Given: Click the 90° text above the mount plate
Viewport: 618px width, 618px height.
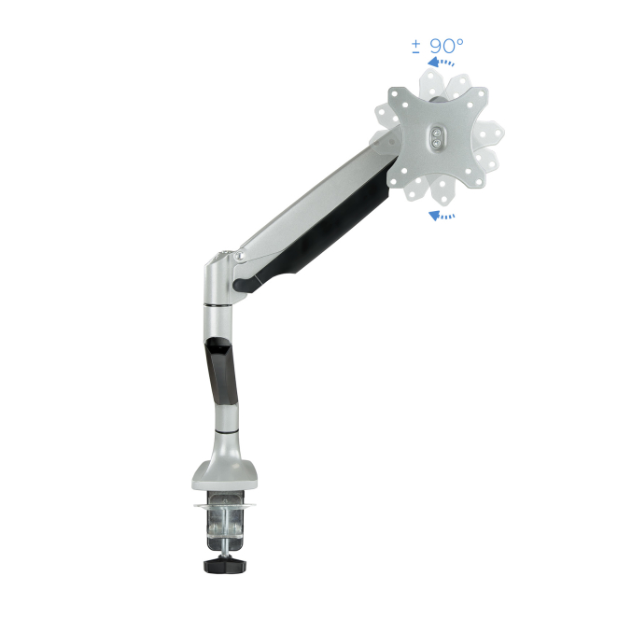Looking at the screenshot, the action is (446, 46).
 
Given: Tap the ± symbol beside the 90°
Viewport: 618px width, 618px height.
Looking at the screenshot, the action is (415, 47).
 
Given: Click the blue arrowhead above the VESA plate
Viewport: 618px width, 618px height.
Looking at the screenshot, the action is (434, 62).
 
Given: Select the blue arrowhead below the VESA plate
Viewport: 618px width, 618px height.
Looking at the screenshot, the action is (434, 216).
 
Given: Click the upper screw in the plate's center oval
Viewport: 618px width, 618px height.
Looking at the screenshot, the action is (436, 133).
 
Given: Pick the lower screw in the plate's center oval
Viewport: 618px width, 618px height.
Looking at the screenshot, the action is (436, 144).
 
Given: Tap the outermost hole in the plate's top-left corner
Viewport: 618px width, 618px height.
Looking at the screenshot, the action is (394, 93).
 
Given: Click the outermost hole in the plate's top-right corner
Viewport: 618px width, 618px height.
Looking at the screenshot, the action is (482, 93).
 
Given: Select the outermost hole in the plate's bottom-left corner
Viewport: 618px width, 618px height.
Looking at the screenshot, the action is (393, 181).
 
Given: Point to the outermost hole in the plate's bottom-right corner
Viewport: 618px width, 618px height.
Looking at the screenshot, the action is (479, 182).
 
